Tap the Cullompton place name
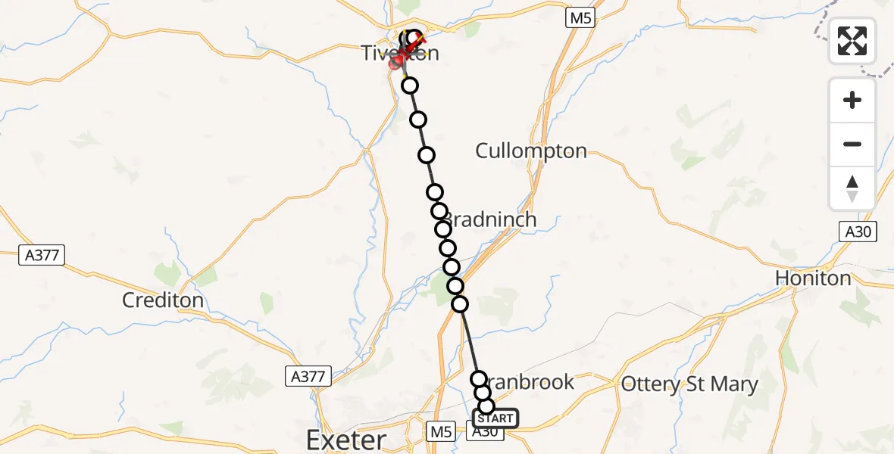[x=530, y=151]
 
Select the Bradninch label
[x=491, y=219]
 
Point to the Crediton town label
[x=163, y=300]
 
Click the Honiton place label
[x=813, y=278]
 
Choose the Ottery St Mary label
[x=689, y=384]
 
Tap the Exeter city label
[x=345, y=439]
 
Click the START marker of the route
[x=496, y=418]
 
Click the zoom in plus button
[x=852, y=100]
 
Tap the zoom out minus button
[x=852, y=144]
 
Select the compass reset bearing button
[x=852, y=188]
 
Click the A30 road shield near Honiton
[x=858, y=232]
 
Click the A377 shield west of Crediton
[x=42, y=256]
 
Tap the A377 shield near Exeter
[x=305, y=375]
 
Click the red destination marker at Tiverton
[x=396, y=62]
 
